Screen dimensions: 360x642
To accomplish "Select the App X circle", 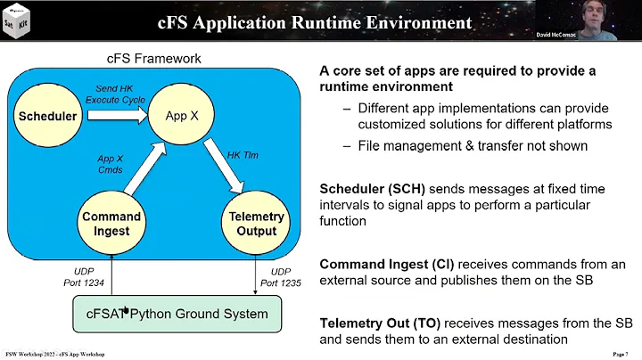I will [181, 116].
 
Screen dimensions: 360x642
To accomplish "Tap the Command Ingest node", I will [111, 224].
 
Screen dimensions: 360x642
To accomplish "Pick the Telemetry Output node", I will [256, 224].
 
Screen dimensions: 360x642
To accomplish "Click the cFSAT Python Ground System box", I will [182, 313].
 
